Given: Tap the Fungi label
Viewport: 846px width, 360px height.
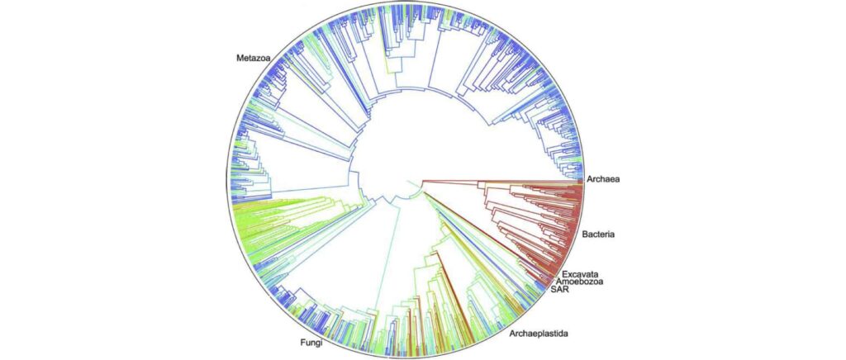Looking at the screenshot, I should click(x=311, y=343).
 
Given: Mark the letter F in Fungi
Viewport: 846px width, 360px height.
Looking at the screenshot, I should click(x=299, y=343).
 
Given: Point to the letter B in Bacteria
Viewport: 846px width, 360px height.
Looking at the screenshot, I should click(x=587, y=234).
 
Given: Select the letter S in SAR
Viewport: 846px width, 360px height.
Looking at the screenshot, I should click(x=554, y=293).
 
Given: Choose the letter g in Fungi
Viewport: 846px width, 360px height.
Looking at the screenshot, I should click(x=316, y=343).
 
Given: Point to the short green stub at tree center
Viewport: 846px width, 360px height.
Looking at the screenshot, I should click(x=409, y=184).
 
